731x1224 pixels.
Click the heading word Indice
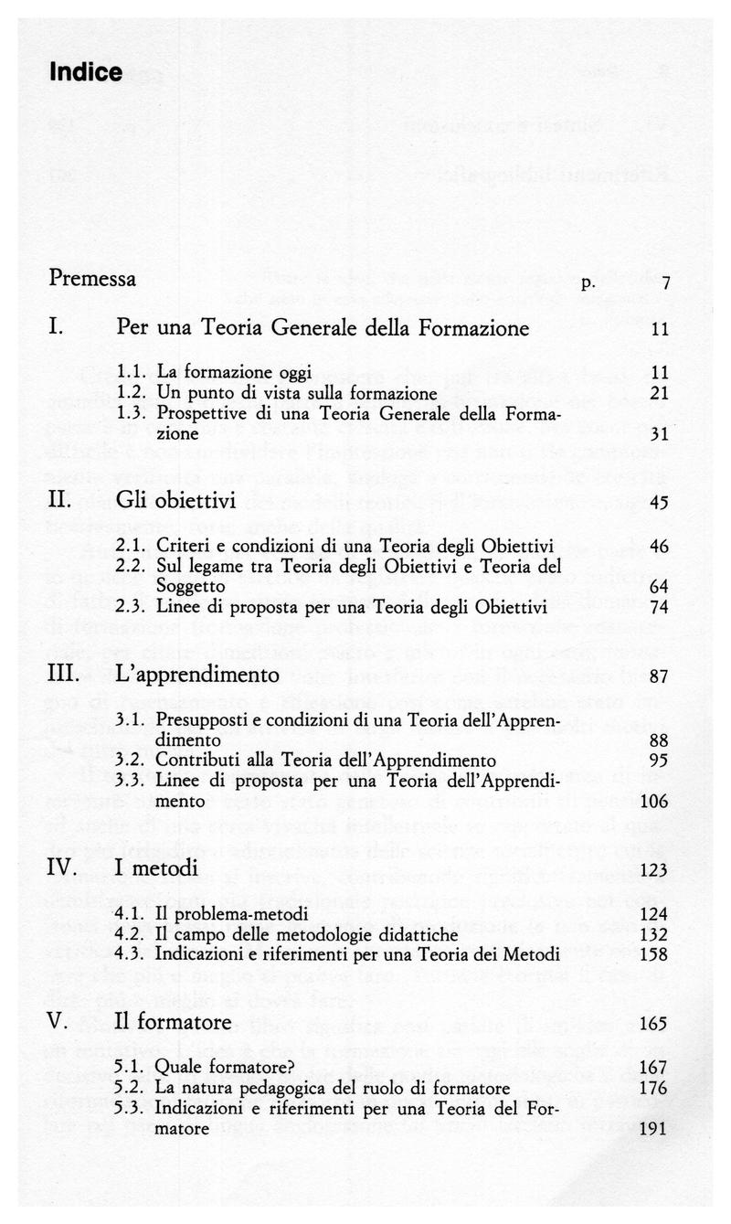tap(86, 72)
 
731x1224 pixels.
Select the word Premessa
tap(93, 279)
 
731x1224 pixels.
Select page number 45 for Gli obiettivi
tap(660, 503)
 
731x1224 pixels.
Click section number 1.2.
tap(132, 394)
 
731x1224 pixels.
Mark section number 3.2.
tap(133, 760)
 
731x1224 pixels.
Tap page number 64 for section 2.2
tap(660, 584)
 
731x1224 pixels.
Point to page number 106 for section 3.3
tap(655, 802)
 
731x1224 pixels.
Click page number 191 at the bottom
tap(655, 1129)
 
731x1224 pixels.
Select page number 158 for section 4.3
tap(655, 953)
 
